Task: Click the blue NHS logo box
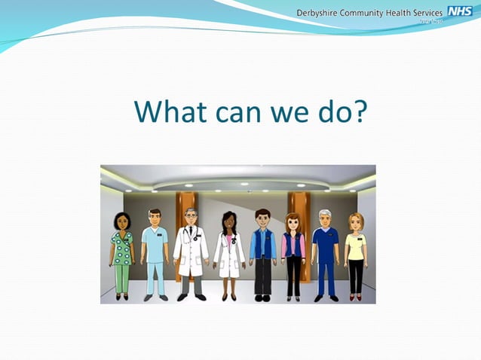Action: point(459,11)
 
